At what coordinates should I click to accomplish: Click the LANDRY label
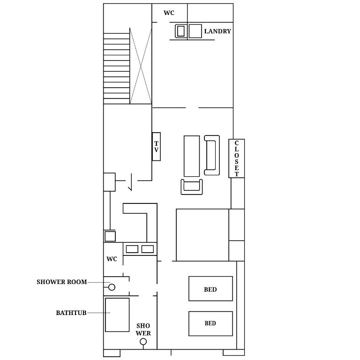point(217,31)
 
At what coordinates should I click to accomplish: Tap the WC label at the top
point(169,13)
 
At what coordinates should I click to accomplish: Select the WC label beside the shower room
point(112,259)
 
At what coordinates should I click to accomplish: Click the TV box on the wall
point(157,146)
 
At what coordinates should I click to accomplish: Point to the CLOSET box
point(236,158)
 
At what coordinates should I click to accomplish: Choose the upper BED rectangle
point(210,289)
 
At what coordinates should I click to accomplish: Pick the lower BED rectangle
point(210,323)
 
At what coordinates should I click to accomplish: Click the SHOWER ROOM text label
point(62,282)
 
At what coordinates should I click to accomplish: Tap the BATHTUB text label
point(71,313)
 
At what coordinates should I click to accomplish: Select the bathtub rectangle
point(117,315)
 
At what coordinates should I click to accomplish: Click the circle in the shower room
point(112,287)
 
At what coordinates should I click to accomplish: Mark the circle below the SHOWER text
point(143,342)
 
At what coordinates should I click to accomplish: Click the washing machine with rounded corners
point(181,31)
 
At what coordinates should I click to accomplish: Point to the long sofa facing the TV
point(212,155)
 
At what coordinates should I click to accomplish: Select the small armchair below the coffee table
point(192,187)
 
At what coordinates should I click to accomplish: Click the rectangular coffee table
point(192,156)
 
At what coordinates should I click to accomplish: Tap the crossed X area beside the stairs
point(141,66)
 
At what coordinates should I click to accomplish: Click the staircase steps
point(117,68)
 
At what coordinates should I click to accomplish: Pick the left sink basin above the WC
point(132,249)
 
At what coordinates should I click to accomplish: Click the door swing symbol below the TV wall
point(131,182)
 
